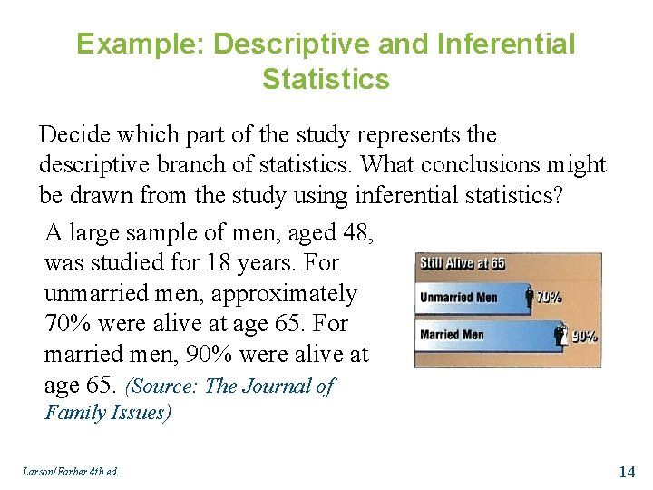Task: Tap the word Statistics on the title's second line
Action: pos(326,79)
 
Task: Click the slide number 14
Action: pos(626,471)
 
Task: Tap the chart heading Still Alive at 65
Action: pos(463,264)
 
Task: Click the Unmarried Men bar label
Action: pos(459,298)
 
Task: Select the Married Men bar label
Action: pos(453,334)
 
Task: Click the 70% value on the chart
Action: pos(549,297)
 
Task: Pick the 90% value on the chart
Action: pos(584,336)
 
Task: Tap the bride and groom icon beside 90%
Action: pos(561,335)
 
